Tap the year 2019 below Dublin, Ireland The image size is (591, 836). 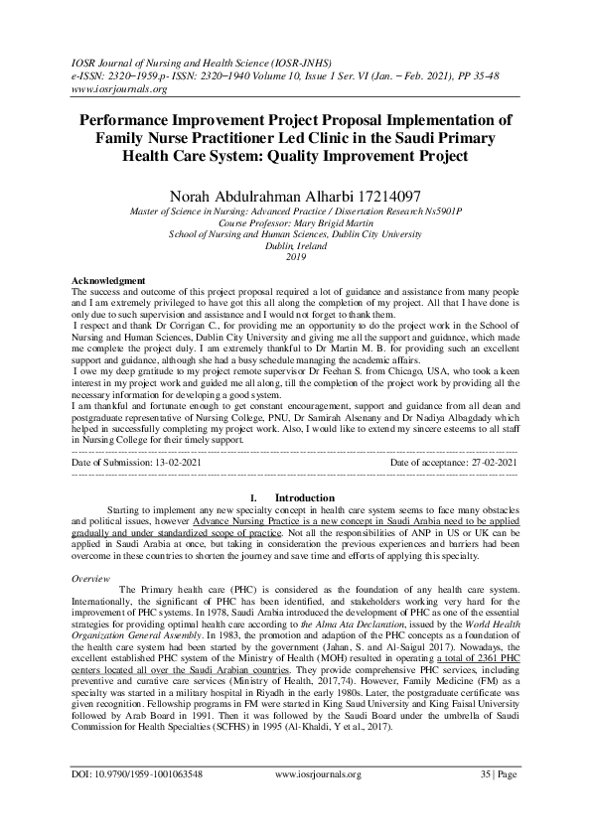(295, 255)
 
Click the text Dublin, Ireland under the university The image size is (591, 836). (295, 244)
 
